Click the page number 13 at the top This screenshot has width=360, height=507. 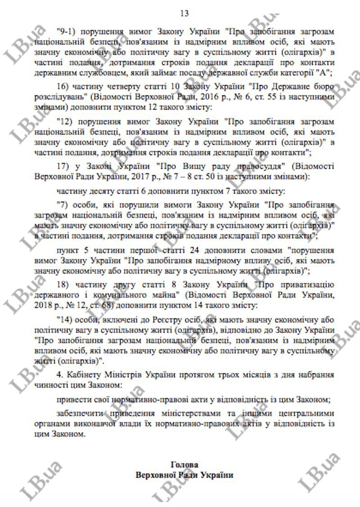(x=184, y=13)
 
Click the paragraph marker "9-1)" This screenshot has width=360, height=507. (x=68, y=32)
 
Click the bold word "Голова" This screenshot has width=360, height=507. (x=184, y=464)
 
